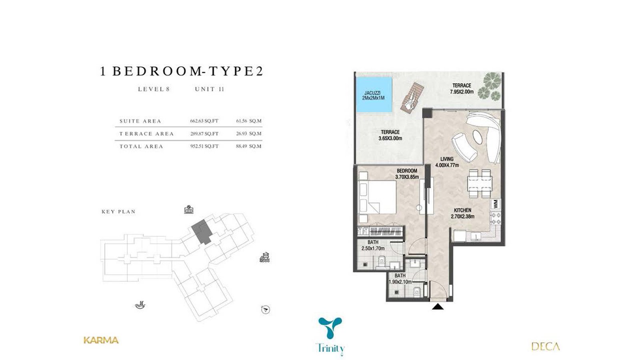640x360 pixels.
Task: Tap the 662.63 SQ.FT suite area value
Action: coord(204,121)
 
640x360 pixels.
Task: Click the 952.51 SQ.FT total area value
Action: coord(204,146)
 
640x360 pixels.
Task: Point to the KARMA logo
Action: coord(101,340)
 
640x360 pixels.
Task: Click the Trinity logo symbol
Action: coord(330,328)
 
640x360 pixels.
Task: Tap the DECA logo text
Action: coord(546,346)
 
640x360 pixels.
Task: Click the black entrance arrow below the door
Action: coord(438,307)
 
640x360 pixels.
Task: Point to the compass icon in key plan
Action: coord(266,309)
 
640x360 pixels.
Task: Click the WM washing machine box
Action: coord(496,204)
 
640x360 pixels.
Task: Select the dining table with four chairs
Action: coord(480,184)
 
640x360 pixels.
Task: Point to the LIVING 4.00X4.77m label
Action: coord(447,162)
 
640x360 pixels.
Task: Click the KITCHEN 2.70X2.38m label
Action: coord(462,213)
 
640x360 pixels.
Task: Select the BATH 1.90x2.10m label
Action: coord(400,279)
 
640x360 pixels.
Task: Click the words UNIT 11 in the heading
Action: coord(209,89)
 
